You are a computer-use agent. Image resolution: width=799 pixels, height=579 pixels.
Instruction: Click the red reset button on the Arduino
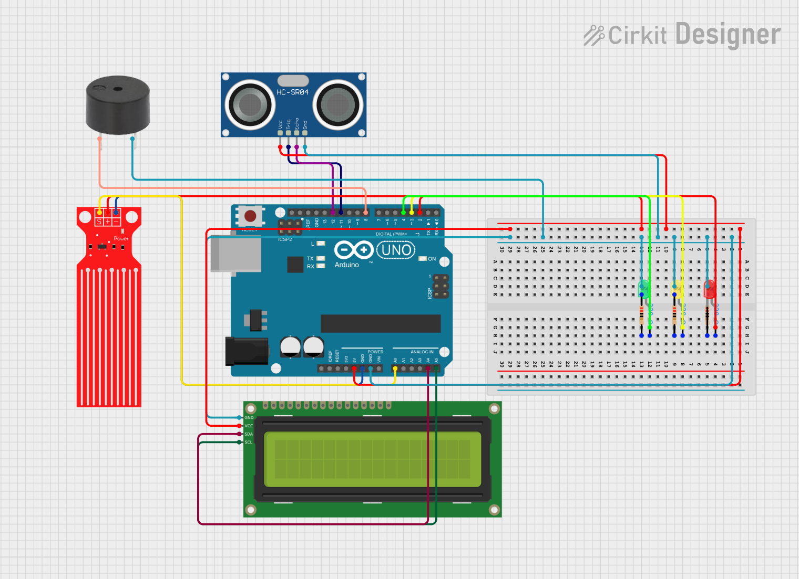[x=250, y=215]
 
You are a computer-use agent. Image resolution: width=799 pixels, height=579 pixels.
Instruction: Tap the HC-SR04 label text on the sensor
[x=292, y=92]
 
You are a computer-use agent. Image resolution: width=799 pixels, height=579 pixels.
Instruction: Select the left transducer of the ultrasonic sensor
[x=250, y=104]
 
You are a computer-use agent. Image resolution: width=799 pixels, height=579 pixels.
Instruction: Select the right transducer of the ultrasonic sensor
[x=337, y=104]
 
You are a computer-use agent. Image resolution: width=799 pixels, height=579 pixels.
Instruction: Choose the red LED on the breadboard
[x=710, y=288]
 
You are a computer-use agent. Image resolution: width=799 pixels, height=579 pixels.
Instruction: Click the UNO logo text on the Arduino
[x=396, y=250]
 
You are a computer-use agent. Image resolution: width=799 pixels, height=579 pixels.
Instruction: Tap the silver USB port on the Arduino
[x=236, y=254]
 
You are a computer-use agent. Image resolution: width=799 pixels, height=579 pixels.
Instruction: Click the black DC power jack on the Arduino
[x=247, y=351]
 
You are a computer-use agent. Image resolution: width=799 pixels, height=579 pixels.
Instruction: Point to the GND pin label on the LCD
[x=249, y=418]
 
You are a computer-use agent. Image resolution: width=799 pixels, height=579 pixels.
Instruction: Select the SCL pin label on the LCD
[x=249, y=443]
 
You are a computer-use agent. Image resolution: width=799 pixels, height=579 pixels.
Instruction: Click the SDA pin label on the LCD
[x=249, y=434]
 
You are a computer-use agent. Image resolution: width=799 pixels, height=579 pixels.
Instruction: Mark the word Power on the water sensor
[x=121, y=239]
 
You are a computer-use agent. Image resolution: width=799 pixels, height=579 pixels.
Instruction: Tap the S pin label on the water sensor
[x=99, y=222]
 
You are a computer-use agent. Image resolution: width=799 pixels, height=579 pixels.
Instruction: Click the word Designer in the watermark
[x=728, y=35]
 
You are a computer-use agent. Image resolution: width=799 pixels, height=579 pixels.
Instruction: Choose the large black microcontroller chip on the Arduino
[x=381, y=323]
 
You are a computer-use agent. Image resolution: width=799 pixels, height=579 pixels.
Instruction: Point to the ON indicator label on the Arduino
[x=432, y=259]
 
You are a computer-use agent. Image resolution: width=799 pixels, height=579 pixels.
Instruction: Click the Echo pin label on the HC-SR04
[x=297, y=124]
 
